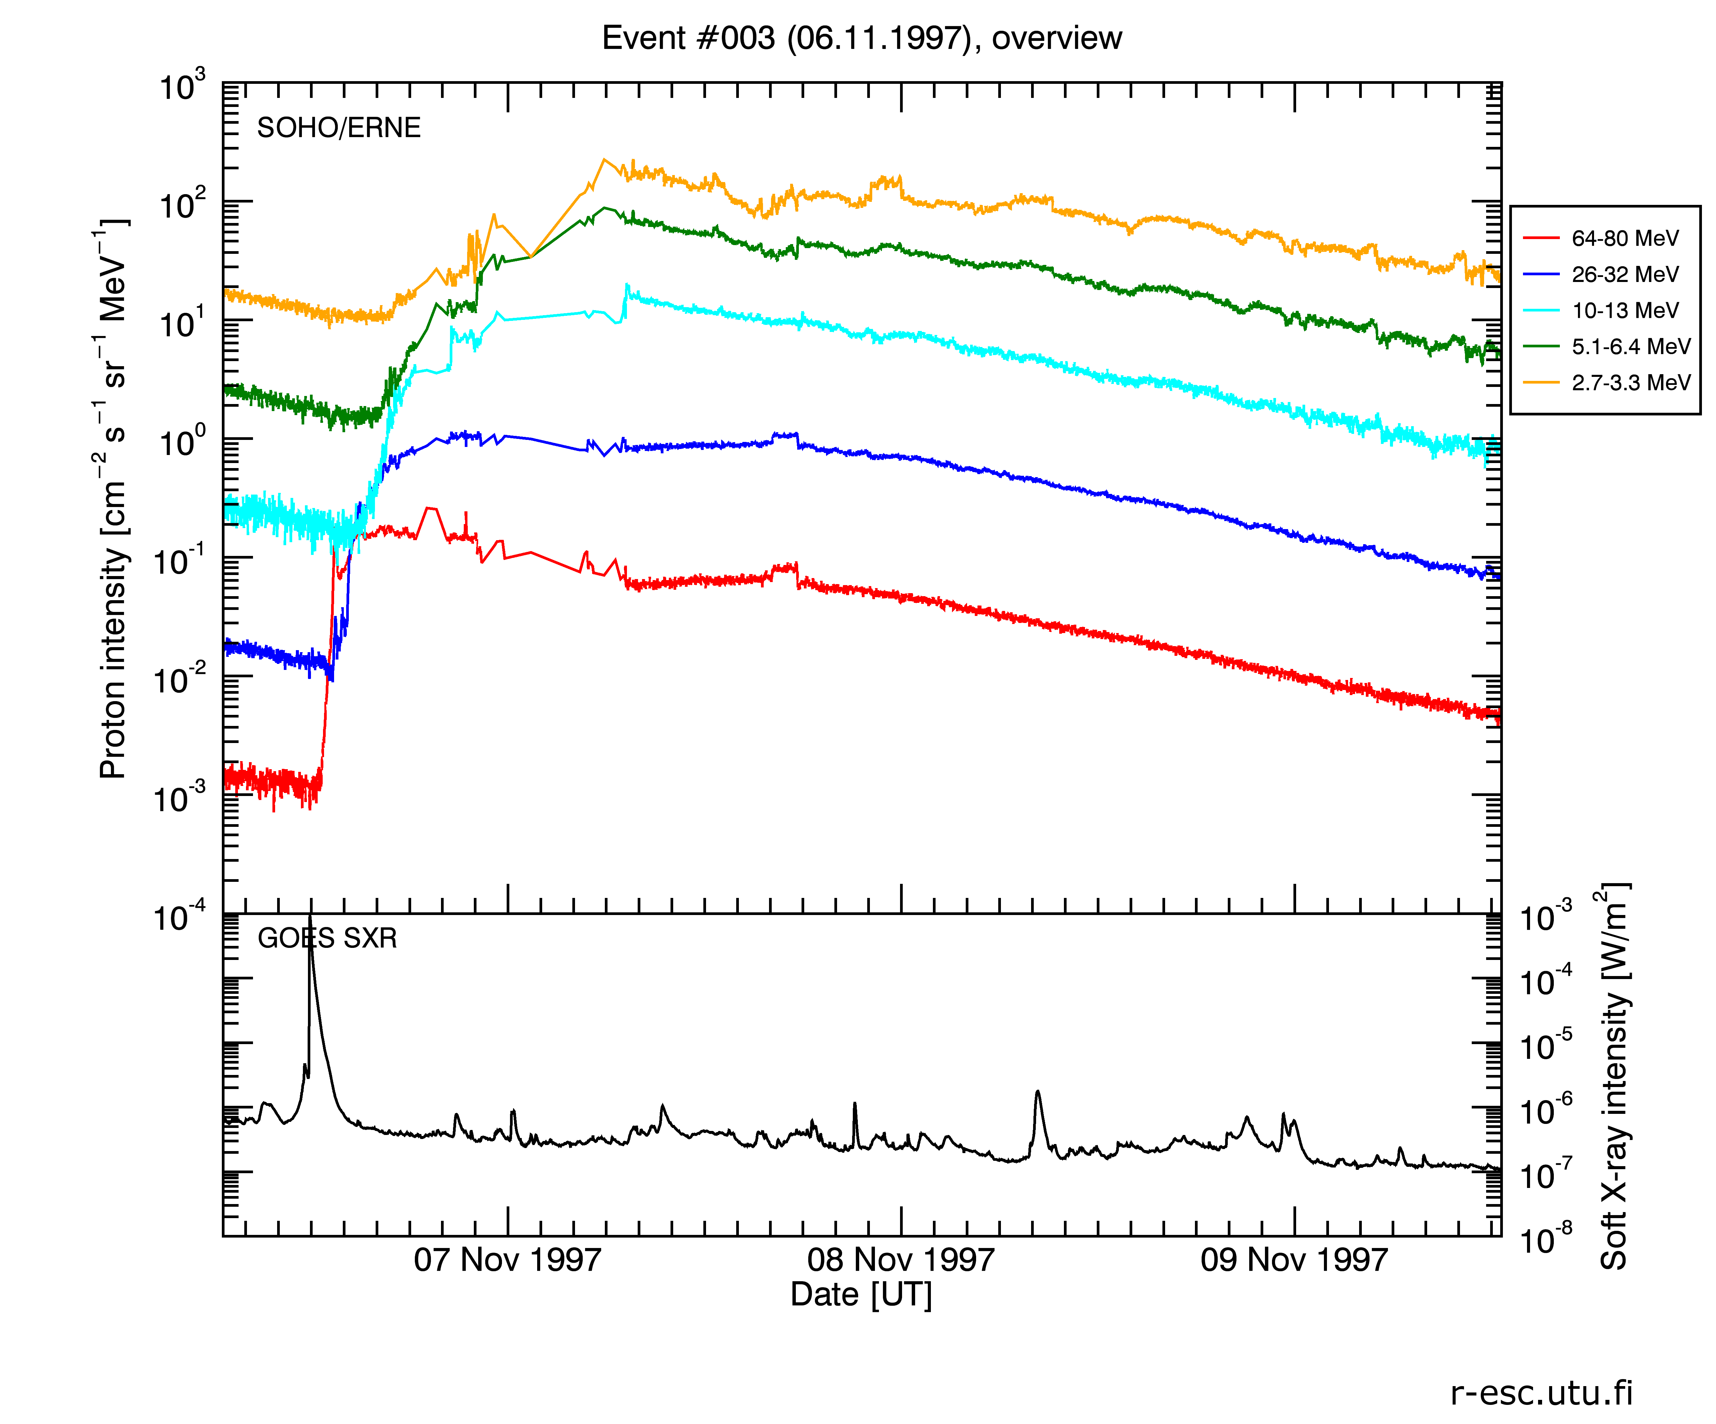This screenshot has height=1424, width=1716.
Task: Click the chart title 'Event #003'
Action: [x=861, y=39]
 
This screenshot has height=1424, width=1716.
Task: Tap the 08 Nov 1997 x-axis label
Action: [x=900, y=1260]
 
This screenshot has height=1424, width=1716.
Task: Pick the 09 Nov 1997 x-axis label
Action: [x=1293, y=1260]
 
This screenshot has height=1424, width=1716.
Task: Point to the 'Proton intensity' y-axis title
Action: [x=113, y=499]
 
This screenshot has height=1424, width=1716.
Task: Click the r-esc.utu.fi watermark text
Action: [x=1541, y=1393]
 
